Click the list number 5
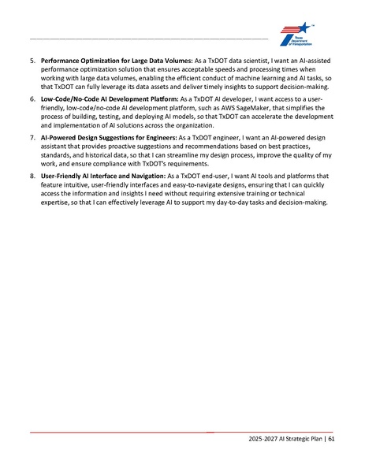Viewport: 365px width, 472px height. pyautogui.click(x=32, y=61)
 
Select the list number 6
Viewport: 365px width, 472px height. pyautogui.click(x=32, y=100)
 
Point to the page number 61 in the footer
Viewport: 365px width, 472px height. pyautogui.click(x=332, y=438)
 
